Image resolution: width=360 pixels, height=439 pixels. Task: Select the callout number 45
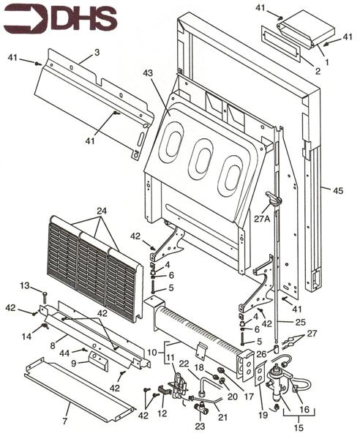(337, 192)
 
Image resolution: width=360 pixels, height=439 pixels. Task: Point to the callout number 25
(300, 321)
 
